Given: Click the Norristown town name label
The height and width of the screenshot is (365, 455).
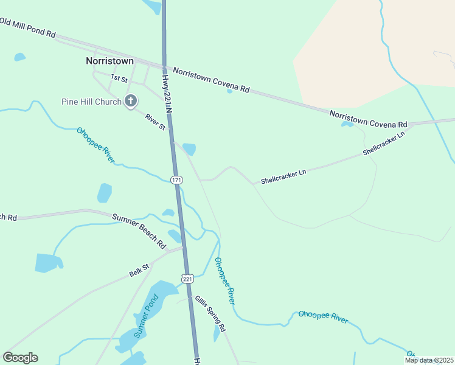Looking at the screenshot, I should [x=109, y=61].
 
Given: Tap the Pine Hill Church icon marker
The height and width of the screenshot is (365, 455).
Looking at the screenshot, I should [x=130, y=101].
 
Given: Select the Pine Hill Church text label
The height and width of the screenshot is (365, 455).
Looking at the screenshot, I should [x=91, y=102].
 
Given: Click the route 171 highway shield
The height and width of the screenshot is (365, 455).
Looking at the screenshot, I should [x=176, y=179].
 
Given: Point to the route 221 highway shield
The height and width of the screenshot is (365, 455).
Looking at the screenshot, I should [x=187, y=278].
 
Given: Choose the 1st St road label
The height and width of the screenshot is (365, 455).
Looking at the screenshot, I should [x=119, y=78].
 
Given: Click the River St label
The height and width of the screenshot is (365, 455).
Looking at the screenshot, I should [x=155, y=119].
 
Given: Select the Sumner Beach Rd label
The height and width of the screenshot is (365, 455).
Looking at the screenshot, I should [x=139, y=231].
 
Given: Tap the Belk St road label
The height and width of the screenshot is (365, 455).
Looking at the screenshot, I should [x=139, y=270].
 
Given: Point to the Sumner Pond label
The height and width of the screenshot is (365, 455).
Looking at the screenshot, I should [x=146, y=316].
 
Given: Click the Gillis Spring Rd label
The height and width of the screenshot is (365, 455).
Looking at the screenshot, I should [x=210, y=313].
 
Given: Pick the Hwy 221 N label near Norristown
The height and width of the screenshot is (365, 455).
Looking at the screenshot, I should [x=165, y=92].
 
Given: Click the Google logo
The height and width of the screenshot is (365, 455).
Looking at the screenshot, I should [x=20, y=357].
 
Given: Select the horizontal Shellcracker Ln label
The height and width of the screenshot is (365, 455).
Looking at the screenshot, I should [x=283, y=177].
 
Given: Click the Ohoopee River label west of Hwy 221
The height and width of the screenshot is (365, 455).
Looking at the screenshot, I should [x=96, y=145].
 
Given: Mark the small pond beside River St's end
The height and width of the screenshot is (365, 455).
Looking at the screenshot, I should [x=189, y=148].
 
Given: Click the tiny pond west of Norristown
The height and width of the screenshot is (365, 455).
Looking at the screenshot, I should [x=19, y=57].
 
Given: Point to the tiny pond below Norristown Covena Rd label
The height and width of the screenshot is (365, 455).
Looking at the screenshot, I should [x=229, y=91].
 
